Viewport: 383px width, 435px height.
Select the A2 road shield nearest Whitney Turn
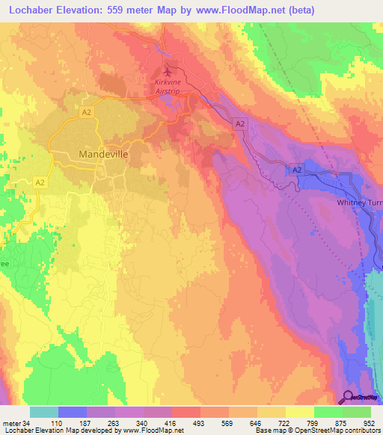(x=297, y=171)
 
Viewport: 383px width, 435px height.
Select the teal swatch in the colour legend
(x=44, y=412)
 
